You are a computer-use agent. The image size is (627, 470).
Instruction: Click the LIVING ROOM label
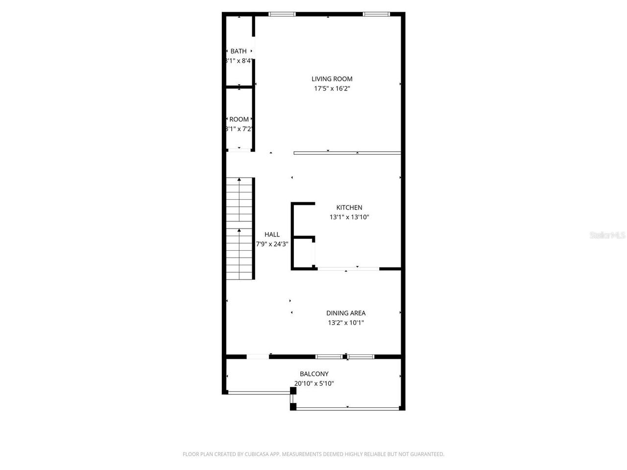332,79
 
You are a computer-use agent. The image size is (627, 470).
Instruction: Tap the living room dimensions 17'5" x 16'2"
332,89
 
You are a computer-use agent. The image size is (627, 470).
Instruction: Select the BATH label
239,51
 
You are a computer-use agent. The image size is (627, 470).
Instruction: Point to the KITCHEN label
349,208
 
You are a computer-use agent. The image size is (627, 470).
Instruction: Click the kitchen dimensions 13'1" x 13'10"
349,217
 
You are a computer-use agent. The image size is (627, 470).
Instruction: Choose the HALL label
272,235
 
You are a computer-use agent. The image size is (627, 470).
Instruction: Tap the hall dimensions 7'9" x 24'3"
272,244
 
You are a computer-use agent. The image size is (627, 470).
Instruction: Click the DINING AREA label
346,313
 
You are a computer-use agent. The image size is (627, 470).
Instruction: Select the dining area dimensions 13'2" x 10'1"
346,323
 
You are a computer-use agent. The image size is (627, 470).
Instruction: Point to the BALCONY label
314,374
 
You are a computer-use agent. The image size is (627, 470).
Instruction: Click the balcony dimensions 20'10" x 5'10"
314,384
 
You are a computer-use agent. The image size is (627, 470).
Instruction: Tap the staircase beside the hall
239,229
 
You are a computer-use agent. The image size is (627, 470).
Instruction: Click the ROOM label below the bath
239,119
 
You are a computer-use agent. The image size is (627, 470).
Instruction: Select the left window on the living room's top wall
282,14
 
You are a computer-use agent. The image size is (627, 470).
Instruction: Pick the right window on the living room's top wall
376,14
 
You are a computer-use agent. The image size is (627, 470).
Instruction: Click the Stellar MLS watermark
608,235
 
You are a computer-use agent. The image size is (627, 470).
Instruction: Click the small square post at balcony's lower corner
293,406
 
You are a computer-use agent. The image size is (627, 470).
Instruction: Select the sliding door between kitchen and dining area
348,269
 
